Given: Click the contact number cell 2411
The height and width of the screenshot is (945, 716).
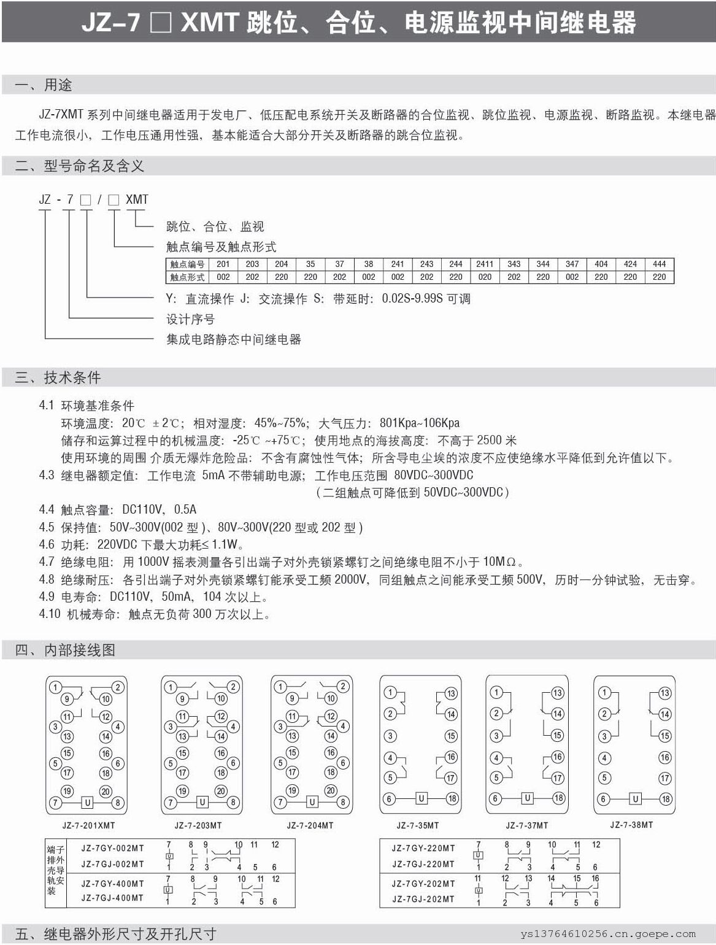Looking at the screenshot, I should point(485,264).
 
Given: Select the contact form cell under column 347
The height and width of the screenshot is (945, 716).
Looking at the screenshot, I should point(572,277).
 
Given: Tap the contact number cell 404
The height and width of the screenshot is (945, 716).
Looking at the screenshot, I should point(601,264).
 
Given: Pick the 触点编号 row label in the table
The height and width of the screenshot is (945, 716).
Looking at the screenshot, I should point(187,264).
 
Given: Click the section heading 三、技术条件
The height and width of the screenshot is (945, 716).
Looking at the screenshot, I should point(58,377).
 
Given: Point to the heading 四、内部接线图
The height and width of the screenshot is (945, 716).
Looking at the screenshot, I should point(65,650).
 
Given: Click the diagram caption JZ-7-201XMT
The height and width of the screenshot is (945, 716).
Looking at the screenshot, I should point(88,825).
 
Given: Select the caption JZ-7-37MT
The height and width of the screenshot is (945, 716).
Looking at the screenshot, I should point(527,825).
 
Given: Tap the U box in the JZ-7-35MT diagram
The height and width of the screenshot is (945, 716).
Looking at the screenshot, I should point(421,798).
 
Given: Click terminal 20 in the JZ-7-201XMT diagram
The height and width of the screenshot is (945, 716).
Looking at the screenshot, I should point(106,792).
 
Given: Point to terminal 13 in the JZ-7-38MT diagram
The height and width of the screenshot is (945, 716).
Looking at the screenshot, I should point(664,693).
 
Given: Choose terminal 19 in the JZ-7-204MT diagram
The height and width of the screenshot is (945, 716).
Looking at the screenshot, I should point(292,791).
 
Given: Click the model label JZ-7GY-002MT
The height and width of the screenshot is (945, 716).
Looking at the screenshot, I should point(113,848).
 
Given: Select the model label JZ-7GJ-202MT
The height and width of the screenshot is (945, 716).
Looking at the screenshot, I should point(423,899).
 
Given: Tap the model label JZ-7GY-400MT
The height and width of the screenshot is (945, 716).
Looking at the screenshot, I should point(113,884).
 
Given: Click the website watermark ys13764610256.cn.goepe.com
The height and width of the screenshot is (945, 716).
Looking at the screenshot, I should point(608,934).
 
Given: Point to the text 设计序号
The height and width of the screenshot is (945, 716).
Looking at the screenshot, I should point(190,319).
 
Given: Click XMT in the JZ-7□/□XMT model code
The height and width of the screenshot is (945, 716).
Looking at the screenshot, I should point(137,199).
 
